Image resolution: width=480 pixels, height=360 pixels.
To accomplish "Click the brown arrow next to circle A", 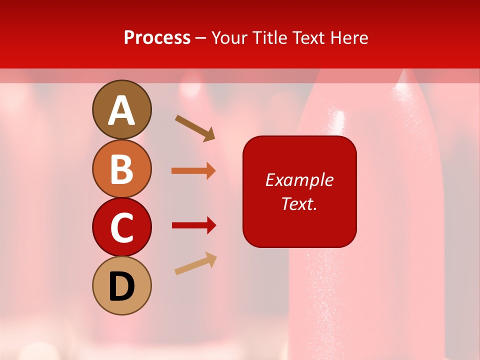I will (195, 128).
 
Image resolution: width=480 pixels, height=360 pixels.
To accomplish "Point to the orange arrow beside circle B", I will (193, 171).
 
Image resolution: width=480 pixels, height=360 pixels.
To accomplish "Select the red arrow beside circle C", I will (193, 225).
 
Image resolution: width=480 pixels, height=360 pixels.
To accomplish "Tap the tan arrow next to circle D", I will (195, 263).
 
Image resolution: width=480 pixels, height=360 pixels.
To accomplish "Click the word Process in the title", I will (157, 38).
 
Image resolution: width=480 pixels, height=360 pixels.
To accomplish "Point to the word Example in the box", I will (299, 180).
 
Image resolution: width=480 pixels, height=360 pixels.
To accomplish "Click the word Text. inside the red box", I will (299, 203).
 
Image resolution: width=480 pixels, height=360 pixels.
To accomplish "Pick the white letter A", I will (121, 110).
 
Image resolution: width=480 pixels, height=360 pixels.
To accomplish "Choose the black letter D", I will (121, 287).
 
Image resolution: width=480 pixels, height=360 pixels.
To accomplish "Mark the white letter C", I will (121, 228).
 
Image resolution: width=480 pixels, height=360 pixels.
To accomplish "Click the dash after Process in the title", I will (201, 38).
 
